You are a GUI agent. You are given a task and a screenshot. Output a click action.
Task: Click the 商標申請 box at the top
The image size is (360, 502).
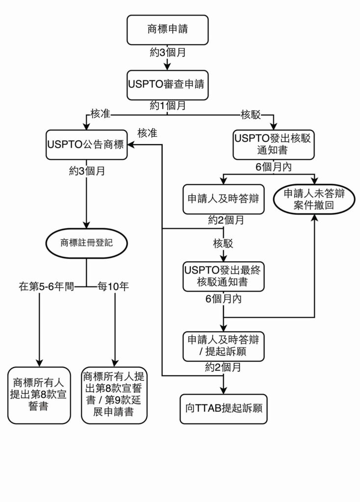(x=168, y=29)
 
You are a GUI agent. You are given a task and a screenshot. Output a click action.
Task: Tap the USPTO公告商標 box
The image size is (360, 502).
(x=87, y=144)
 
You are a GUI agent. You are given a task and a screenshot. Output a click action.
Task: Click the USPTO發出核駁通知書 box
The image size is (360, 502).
(x=273, y=144)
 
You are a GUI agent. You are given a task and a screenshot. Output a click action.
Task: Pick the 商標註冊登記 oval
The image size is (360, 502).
(x=86, y=242)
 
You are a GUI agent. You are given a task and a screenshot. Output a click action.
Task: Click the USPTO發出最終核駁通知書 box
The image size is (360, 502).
(x=223, y=276)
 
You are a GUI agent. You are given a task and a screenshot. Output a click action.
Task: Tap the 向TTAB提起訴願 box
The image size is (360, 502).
(x=224, y=408)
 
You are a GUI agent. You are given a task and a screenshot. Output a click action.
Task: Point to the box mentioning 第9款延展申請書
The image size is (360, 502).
(x=114, y=395)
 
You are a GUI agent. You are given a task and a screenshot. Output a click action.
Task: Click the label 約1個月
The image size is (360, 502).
(x=168, y=105)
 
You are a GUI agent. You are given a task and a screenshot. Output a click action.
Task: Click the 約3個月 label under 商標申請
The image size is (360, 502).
(x=168, y=51)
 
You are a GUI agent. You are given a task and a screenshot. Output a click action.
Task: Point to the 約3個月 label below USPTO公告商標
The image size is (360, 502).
(x=86, y=172)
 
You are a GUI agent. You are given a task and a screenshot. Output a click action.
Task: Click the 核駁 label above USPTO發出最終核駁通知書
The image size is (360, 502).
(x=223, y=244)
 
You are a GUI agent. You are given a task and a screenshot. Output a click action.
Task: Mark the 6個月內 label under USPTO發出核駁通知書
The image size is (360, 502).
(x=273, y=167)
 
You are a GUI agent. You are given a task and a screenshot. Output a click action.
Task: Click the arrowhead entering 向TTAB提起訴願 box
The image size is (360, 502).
(x=224, y=391)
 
